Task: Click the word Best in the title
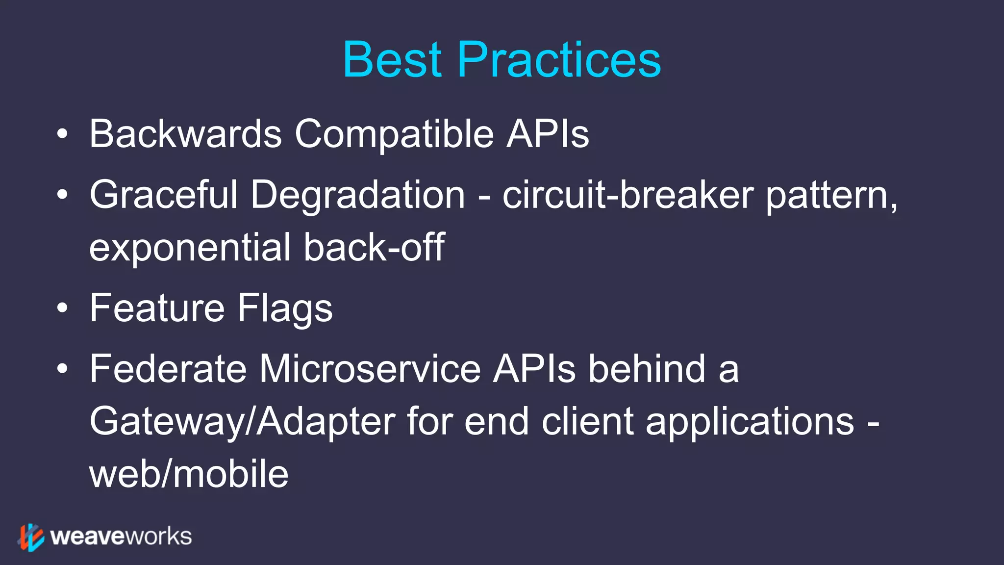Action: (392, 60)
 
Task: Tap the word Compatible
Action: (394, 134)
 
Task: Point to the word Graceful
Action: (164, 195)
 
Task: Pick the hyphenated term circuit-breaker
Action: (627, 195)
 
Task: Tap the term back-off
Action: (374, 247)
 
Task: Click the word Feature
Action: (157, 308)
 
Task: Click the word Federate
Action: (168, 369)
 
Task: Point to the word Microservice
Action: (370, 369)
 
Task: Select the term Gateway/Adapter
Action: (242, 422)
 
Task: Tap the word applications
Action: (750, 422)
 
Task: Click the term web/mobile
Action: (189, 474)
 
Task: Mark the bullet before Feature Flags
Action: (62, 308)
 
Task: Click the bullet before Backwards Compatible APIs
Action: (62, 134)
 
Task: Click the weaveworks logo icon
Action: (31, 537)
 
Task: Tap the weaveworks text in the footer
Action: (121, 537)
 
